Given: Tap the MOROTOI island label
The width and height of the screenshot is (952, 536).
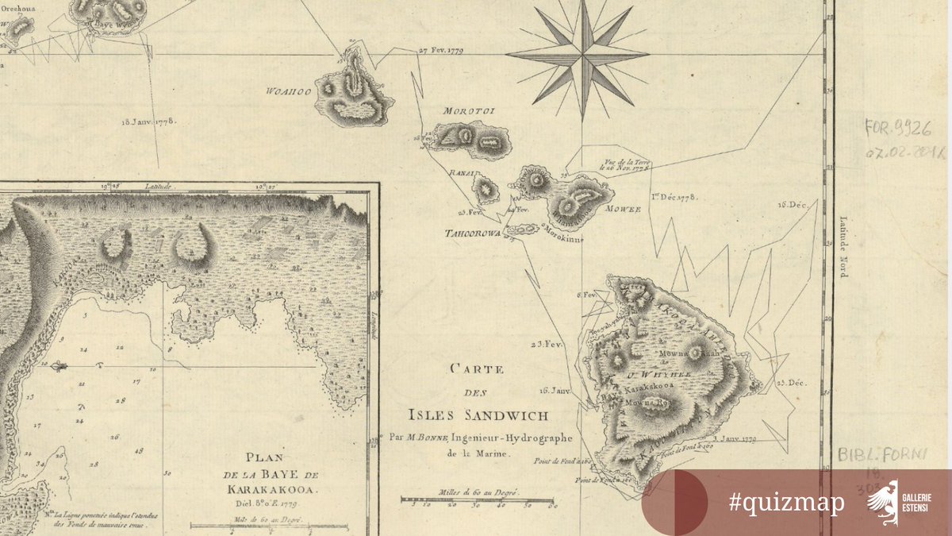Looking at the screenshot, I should point(468,111).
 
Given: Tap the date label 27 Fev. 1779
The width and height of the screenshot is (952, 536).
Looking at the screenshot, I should point(440,50).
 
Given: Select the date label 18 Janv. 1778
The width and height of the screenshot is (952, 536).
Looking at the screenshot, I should point(148,122).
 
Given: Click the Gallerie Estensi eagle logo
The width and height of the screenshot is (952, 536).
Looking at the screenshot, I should point(882,500).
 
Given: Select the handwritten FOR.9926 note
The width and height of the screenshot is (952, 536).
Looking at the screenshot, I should point(899,129).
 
